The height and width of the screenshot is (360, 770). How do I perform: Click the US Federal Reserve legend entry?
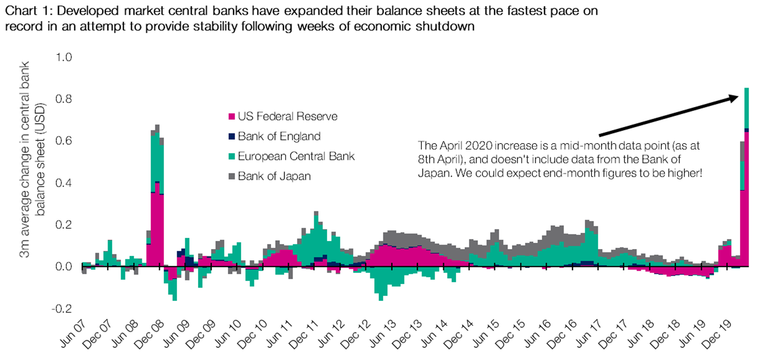click(283, 117)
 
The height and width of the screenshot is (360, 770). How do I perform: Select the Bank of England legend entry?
click(274, 136)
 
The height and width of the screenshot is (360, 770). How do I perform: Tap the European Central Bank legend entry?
click(292, 156)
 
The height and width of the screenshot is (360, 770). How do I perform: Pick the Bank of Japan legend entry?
click(270, 176)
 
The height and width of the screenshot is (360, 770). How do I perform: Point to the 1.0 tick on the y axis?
click(64, 57)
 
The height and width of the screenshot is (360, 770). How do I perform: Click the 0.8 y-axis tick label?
click(64, 99)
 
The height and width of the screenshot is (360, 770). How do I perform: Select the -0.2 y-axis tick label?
click(62, 309)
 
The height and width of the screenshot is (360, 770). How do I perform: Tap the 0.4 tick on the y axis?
click(64, 183)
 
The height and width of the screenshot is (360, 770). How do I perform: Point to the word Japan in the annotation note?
click(434, 173)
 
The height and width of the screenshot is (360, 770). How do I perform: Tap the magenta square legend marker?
click(232, 117)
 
